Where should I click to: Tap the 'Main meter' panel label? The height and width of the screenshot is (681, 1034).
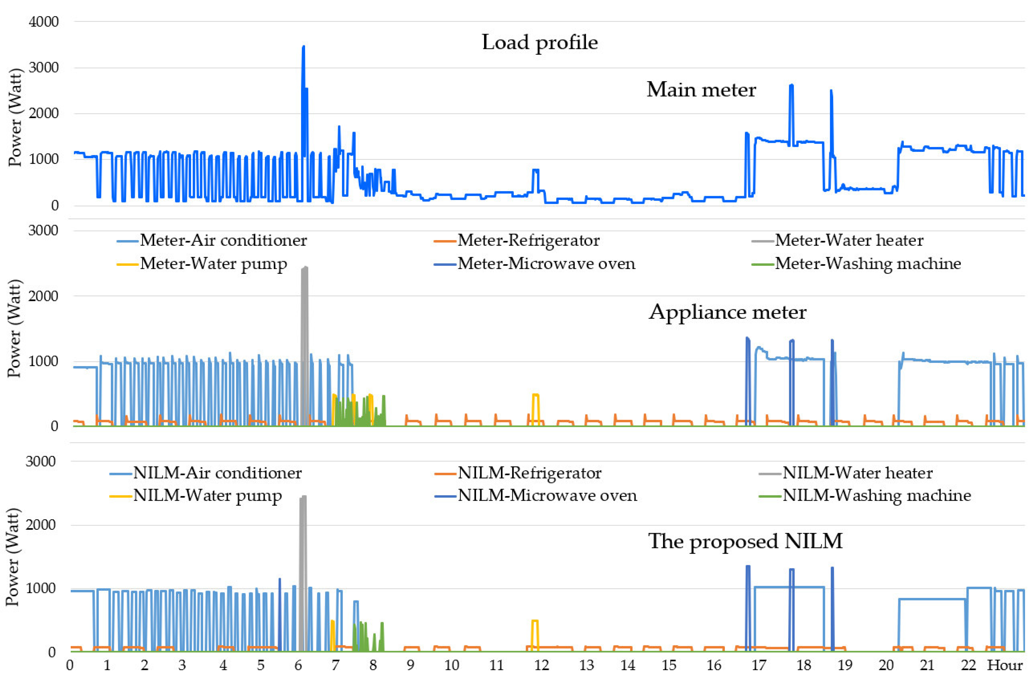tap(701, 89)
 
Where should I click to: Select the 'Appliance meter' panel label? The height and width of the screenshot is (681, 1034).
tap(727, 312)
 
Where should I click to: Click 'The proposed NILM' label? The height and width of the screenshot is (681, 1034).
tap(745, 541)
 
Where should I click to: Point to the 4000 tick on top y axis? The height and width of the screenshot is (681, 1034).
tap(43, 21)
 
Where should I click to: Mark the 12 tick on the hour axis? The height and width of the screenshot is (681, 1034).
tap(541, 665)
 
